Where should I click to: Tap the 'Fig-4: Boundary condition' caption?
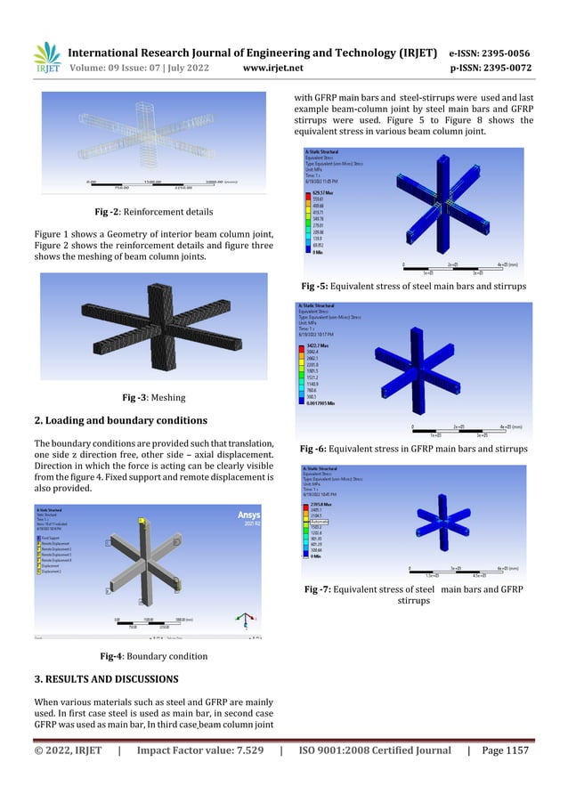pos(154,656)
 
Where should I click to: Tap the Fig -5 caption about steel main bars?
pos(413,286)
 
